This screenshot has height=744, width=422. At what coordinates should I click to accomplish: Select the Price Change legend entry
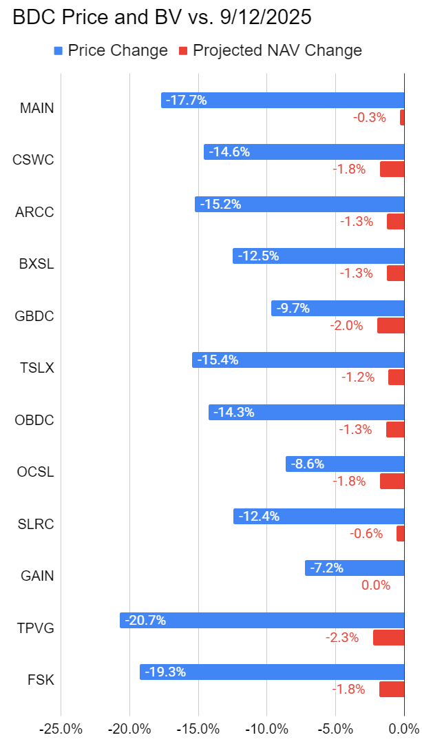pyautogui.click(x=109, y=50)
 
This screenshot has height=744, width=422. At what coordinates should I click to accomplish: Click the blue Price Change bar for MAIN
pyautogui.click(x=282, y=100)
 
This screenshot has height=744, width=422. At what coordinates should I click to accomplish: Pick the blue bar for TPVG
pyautogui.click(x=262, y=620)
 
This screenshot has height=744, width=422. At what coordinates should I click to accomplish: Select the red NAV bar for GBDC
pyautogui.click(x=390, y=325)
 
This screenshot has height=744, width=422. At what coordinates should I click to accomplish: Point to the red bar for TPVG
pyautogui.click(x=388, y=637)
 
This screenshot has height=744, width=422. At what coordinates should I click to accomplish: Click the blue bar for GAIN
pyautogui.click(x=355, y=568)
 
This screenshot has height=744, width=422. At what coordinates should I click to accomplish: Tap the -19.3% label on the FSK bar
pyautogui.click(x=165, y=672)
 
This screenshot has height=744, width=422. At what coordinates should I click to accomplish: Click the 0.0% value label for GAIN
pyautogui.click(x=376, y=586)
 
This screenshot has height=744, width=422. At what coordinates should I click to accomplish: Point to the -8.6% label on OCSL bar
pyautogui.click(x=307, y=464)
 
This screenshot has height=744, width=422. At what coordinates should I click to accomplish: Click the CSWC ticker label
pyautogui.click(x=33, y=160)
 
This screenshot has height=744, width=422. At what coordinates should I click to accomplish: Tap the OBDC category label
pyautogui.click(x=34, y=420)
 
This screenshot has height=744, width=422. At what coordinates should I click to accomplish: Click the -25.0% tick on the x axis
pyautogui.click(x=61, y=729)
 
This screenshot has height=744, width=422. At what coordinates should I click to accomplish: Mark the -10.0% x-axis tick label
pyautogui.click(x=267, y=729)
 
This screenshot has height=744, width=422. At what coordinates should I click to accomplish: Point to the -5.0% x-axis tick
pyautogui.click(x=335, y=729)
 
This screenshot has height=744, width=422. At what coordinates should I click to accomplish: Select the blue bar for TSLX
pyautogui.click(x=298, y=360)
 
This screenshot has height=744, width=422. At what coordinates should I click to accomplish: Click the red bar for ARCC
pyautogui.click(x=395, y=221)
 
